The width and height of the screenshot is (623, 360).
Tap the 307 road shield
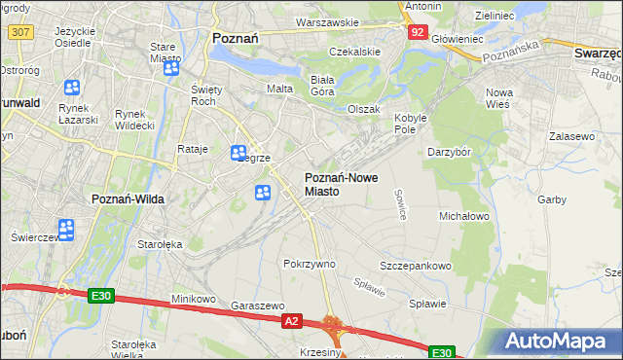[x=19, y=31]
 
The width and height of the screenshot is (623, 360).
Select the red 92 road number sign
[x=417, y=31]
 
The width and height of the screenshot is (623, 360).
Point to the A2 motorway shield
[x=292, y=319]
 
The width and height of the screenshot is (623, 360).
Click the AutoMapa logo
[x=559, y=342]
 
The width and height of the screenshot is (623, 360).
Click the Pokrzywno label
[x=309, y=264]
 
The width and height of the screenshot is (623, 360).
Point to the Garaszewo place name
[x=257, y=305]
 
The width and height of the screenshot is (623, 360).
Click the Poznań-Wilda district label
[x=128, y=198]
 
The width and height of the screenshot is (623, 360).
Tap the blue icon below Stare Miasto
[x=171, y=69]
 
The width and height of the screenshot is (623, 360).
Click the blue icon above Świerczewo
[x=66, y=230]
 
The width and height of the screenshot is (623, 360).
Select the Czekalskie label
[x=353, y=51]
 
